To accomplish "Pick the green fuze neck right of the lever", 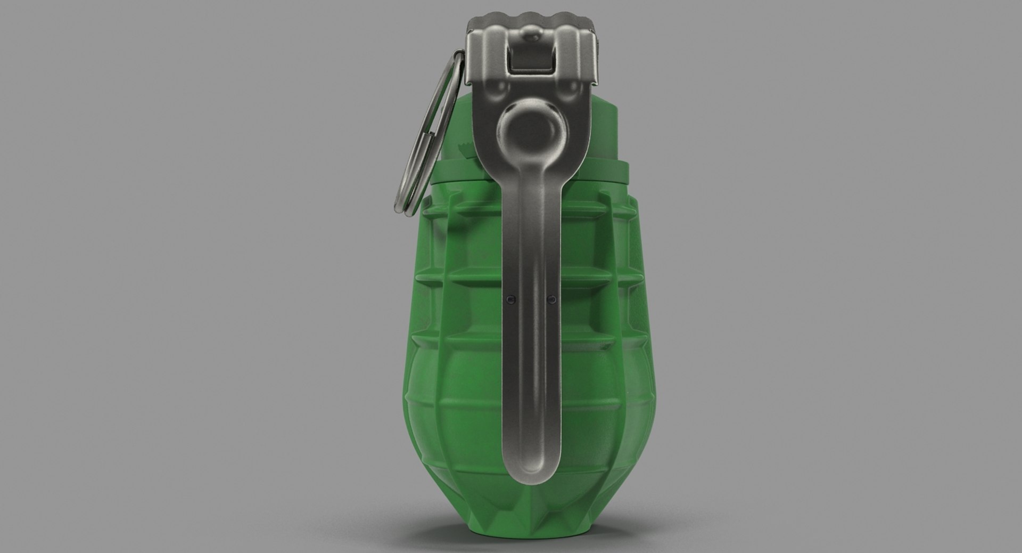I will pyautogui.click(x=607, y=139).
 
